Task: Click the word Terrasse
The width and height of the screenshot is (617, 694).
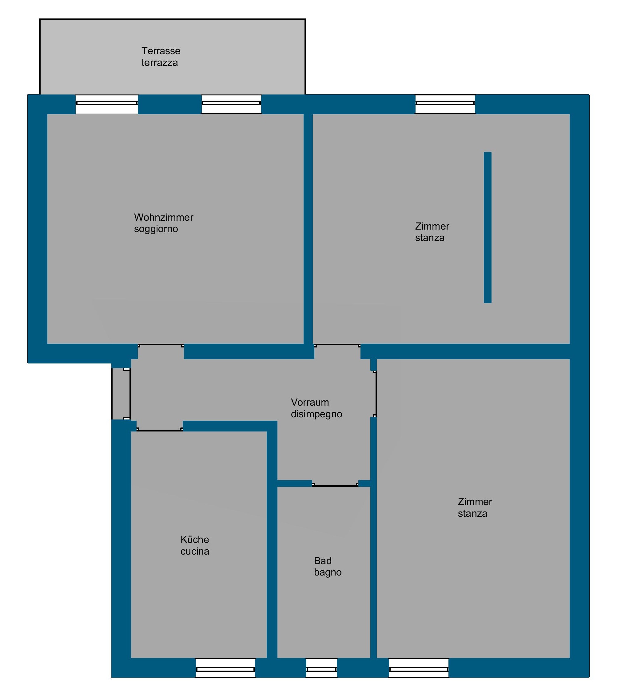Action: [x=161, y=51]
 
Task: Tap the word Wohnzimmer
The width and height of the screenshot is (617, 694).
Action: [x=164, y=217]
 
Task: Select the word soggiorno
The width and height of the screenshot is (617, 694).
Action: [x=156, y=229]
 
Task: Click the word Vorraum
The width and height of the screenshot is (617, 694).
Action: [x=310, y=402]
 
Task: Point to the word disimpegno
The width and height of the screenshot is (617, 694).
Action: [x=316, y=414]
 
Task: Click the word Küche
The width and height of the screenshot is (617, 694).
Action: [x=195, y=540]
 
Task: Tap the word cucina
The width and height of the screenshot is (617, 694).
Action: [x=195, y=552]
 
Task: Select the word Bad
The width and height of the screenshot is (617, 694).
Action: [x=323, y=561]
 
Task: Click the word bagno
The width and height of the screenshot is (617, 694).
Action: [x=328, y=573]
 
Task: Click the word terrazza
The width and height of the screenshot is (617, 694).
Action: [x=160, y=63]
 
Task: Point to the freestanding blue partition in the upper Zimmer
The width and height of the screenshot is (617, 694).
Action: [x=487, y=227]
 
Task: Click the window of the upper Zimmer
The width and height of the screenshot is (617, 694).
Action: [x=445, y=104]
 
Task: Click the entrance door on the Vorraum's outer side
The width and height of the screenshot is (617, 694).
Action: [x=121, y=394]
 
